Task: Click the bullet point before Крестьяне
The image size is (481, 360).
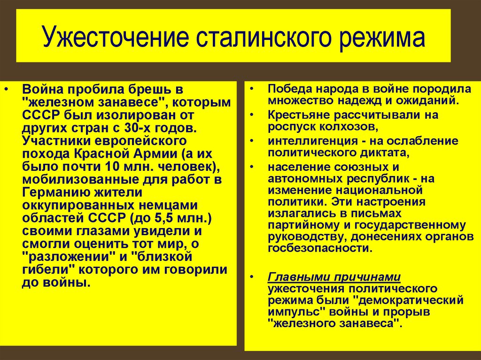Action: click(253, 115)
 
